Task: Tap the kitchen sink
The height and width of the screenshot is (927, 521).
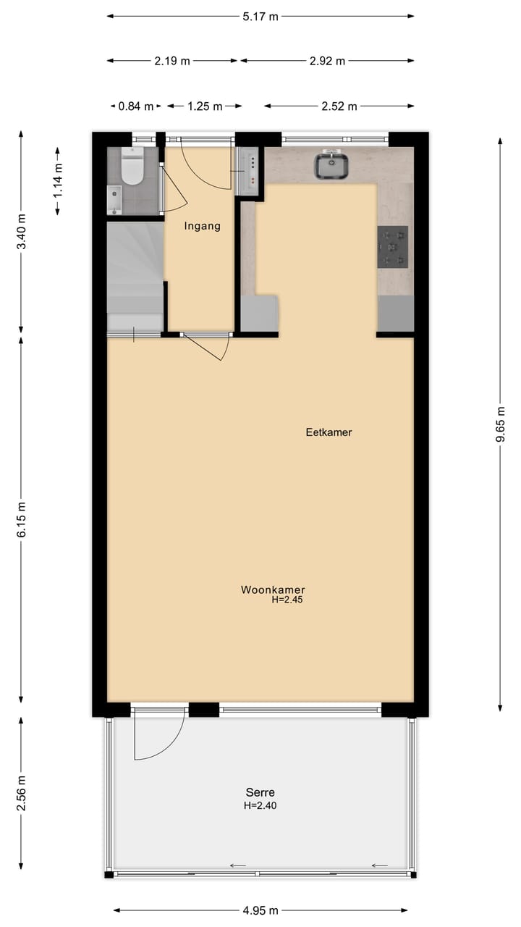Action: (332, 166)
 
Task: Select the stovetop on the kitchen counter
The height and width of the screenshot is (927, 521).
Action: (392, 247)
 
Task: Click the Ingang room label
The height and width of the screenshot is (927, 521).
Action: (202, 226)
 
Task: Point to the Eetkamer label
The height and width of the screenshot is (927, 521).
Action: (329, 432)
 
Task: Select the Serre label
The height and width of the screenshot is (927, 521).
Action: (260, 792)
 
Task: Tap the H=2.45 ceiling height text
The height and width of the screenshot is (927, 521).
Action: (287, 600)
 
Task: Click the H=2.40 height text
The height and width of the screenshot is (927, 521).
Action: (260, 805)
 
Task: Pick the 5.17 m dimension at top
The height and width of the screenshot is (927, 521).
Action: (260, 17)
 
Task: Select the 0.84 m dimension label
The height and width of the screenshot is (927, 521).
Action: (135, 106)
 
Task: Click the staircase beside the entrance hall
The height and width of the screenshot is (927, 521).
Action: (135, 275)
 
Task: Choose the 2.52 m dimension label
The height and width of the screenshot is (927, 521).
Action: (339, 106)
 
